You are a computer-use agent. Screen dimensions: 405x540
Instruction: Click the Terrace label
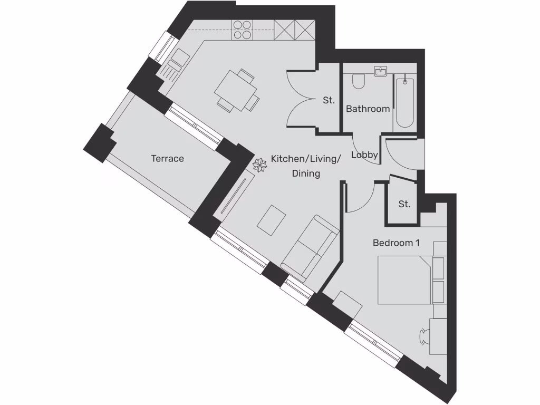pos(167,158)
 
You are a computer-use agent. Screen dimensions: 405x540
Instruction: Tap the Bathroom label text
pos(368,109)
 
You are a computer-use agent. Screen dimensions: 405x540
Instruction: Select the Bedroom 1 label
pos(396,243)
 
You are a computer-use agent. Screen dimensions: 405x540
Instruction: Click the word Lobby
pos(364,155)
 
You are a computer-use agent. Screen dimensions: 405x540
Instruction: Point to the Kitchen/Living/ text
pos(306,159)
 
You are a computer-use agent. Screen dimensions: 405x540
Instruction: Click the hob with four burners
pos(242,30)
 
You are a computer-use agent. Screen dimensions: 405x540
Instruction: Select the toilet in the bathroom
pos(359,81)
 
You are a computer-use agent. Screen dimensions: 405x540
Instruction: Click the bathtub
pos(404,102)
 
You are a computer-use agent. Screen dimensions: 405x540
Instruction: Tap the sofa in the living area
pos(310,247)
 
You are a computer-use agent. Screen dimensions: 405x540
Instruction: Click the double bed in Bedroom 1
pos(405,279)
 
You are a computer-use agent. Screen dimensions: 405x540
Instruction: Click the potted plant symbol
pos(260,165)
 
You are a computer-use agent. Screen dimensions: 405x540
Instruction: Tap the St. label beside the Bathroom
pos(329,100)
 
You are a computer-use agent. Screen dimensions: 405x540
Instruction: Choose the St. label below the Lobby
pos(404,204)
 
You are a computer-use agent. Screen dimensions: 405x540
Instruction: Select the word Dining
pos(306,173)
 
